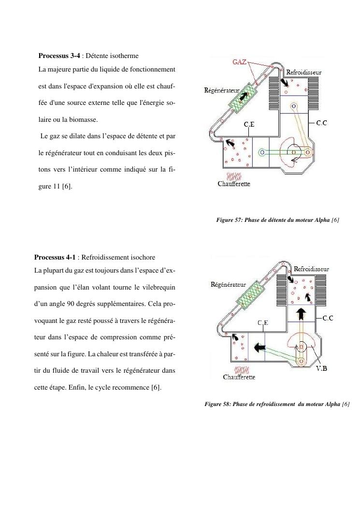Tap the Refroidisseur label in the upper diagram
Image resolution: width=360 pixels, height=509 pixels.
[304, 72]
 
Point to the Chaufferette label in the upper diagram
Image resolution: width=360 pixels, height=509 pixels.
[234, 184]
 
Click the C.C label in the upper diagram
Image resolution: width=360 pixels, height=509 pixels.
[321, 124]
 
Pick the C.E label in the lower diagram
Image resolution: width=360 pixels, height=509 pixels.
[263, 322]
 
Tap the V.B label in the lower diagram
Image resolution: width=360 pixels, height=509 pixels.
[322, 369]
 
